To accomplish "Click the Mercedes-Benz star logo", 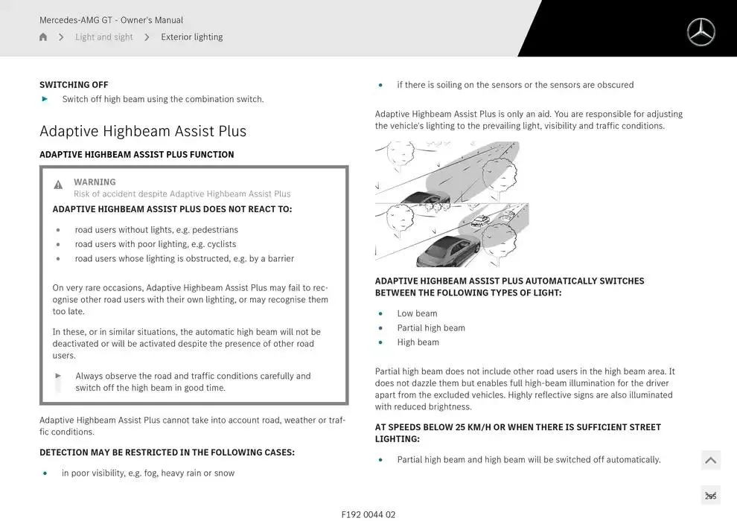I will pos(701,32).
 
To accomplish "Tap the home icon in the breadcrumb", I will pos(43,37).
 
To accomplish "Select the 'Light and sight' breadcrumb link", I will pos(103,37).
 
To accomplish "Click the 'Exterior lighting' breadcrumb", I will pos(191,37).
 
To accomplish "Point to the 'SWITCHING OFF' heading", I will pos(74,85).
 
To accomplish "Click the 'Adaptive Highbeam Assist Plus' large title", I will pos(143,131).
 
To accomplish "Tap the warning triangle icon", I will pos(58,185).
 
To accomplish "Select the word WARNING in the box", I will pos(95,182).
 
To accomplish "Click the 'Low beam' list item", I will pos(417,313).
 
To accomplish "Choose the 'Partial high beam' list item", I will pos(431,328).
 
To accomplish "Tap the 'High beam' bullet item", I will pos(418,342).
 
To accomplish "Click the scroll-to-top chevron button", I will pos(710,460).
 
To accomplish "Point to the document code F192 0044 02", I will pos(368,514).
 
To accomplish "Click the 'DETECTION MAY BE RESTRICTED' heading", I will pos(167,453).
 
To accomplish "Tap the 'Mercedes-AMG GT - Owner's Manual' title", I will pos(111,20).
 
